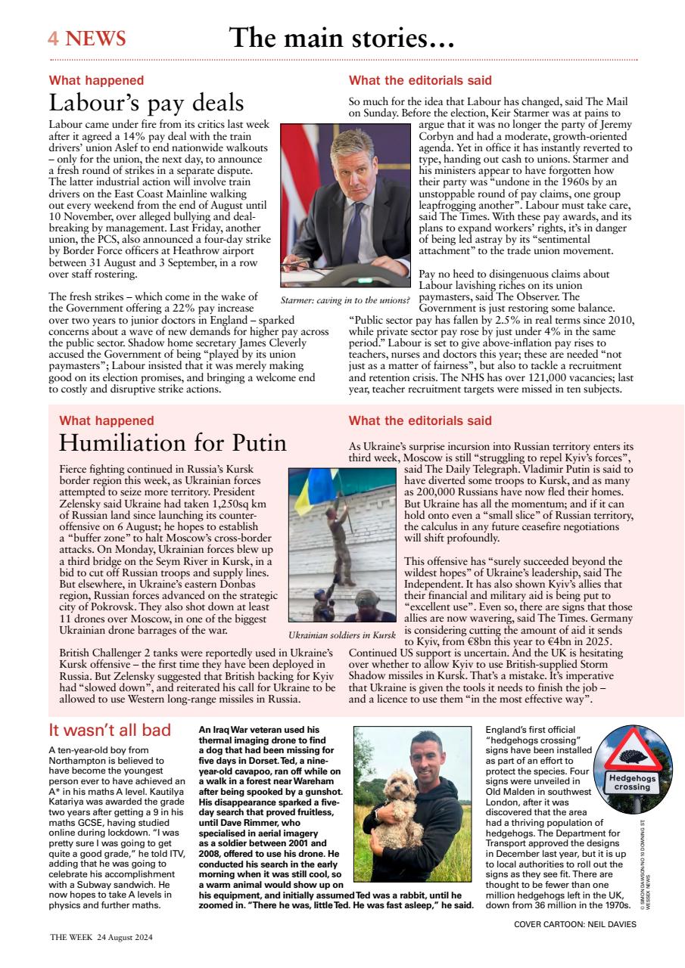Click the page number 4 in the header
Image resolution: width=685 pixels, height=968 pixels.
coord(54,39)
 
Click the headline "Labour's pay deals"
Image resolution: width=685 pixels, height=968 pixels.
coord(146,103)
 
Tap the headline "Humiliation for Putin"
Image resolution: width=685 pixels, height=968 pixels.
coord(173,442)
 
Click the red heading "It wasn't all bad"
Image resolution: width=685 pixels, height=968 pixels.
coord(110,731)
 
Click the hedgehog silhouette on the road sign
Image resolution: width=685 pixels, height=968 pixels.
coord(632,756)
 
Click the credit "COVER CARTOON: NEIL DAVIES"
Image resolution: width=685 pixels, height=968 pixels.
coord(574,924)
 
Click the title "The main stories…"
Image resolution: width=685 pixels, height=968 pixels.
coord(341,38)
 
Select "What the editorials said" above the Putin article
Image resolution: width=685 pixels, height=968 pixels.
coord(420,420)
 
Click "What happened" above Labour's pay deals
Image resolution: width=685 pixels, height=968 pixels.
coord(96,80)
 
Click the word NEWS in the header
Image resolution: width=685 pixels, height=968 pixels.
coord(95,39)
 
